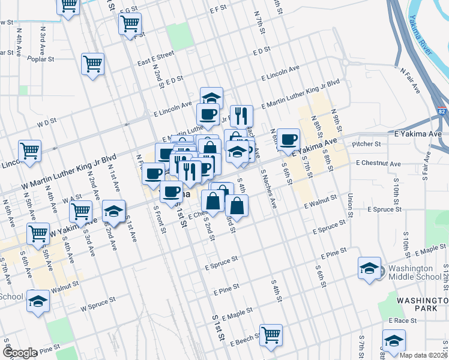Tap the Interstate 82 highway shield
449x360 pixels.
point(442,112)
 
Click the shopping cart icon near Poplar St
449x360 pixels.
point(92,64)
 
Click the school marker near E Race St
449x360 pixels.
point(393,340)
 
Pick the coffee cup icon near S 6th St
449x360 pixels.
point(288,139)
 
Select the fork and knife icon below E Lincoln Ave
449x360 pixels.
point(241,115)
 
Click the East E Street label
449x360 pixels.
point(155,55)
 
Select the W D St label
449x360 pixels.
point(46,121)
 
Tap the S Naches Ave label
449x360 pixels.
point(268,188)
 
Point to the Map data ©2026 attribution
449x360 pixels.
point(424,355)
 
